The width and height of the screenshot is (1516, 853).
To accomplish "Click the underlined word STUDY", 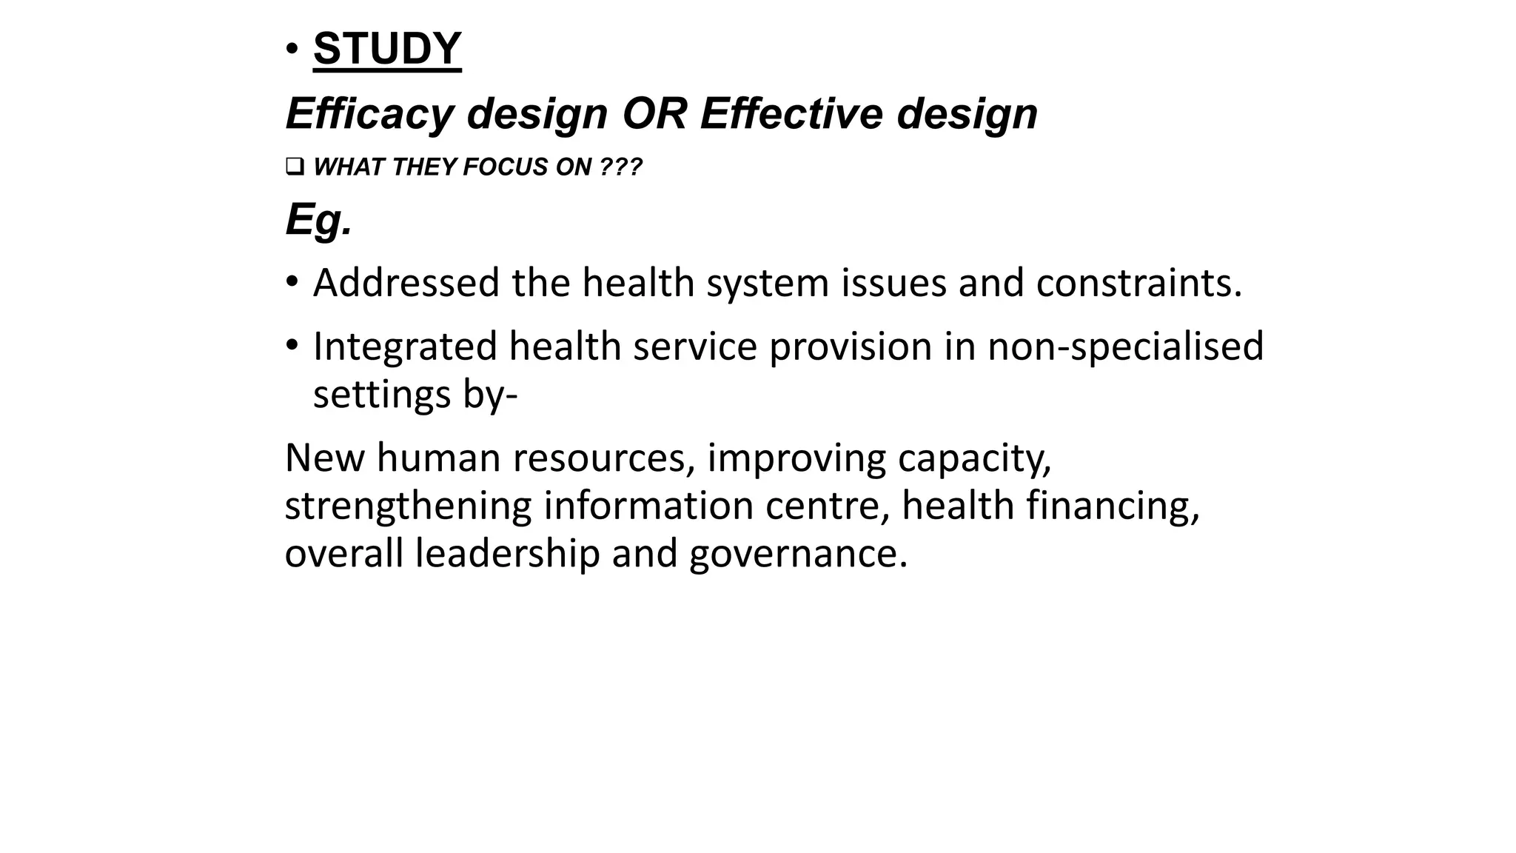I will tap(387, 49).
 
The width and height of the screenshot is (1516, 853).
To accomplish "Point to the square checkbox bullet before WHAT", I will tap(293, 167).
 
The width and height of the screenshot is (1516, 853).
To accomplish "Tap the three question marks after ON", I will tap(620, 167).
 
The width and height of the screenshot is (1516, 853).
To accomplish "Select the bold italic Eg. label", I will tap(318, 219).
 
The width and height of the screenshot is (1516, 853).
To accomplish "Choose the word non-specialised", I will tap(1125, 347).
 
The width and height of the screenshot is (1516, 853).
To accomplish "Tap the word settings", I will tap(382, 394).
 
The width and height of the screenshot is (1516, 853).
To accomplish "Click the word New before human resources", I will tap(324, 458).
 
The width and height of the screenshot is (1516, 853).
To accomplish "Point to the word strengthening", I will tap(408, 506).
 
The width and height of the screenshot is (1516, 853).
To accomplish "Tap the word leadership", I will tap(507, 554).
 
